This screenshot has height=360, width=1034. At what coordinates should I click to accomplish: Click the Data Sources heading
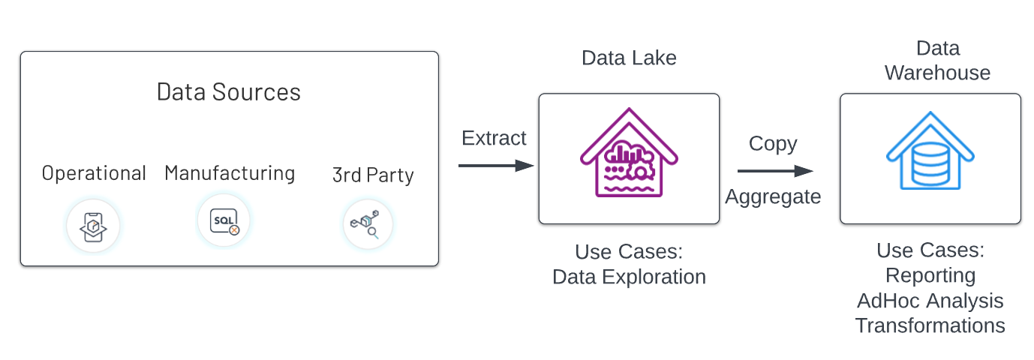[x=229, y=92]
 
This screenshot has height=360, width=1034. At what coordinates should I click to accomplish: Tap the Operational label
[x=94, y=173]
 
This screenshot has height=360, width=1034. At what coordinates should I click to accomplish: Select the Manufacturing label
[x=230, y=173]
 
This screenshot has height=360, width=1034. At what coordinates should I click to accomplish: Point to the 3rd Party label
[x=373, y=175]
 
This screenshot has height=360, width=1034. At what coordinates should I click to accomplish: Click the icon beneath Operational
[x=93, y=226]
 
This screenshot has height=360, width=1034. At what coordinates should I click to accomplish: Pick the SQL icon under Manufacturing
[x=224, y=222]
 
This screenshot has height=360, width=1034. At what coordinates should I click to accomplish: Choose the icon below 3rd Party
[x=368, y=224]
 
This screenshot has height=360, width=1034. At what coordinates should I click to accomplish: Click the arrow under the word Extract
[x=495, y=165]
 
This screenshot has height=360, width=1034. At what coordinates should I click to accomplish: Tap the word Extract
[x=494, y=139]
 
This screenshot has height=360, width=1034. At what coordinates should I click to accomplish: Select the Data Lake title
[x=629, y=58]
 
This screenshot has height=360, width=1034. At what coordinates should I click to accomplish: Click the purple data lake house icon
[x=629, y=158]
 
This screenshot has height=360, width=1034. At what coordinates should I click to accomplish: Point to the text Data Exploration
[x=629, y=277]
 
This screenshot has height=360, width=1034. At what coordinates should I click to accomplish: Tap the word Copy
[x=773, y=144]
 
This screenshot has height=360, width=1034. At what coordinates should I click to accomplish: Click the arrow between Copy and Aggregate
[x=774, y=171]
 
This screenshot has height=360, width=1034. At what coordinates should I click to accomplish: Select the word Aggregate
[x=773, y=196]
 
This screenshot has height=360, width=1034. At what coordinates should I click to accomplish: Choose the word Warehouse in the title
[x=937, y=73]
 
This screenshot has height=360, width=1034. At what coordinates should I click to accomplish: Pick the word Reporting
[x=930, y=275]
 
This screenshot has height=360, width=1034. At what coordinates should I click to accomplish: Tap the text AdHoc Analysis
[x=930, y=301]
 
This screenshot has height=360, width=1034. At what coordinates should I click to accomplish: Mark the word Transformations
[x=930, y=325]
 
